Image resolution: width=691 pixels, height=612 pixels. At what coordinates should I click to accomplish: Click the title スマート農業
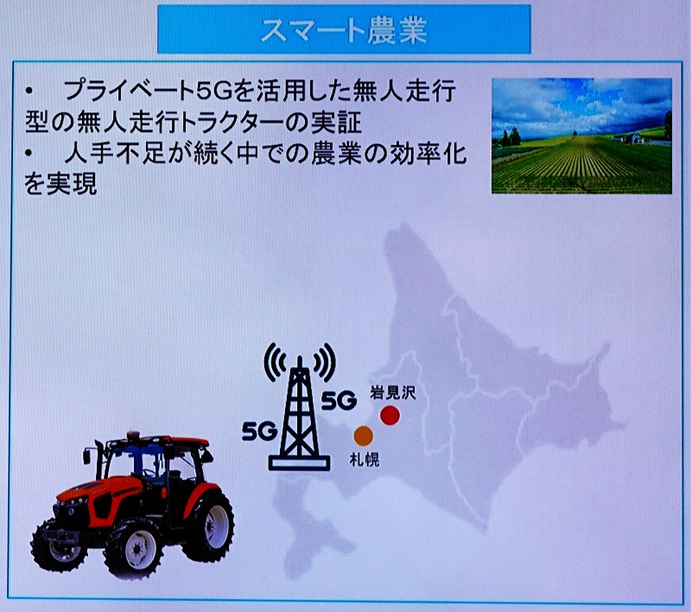(344, 30)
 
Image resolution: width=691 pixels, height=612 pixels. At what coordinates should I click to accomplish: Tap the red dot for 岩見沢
(390, 415)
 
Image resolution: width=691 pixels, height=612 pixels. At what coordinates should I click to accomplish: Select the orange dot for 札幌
(364, 435)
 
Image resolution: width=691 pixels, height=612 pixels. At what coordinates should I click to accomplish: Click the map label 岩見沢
(393, 393)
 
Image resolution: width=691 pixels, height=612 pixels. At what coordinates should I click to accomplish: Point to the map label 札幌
(365, 460)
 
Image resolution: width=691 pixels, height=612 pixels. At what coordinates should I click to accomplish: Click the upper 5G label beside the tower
(339, 401)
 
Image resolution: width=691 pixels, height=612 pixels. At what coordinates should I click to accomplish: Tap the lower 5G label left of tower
(260, 431)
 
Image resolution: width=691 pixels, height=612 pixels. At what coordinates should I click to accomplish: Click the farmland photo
(581, 136)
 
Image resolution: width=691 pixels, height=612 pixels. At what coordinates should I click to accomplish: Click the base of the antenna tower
(299, 464)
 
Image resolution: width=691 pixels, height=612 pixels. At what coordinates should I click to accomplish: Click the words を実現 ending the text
(60, 185)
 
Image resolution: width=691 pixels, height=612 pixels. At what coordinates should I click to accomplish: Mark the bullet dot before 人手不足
(29, 153)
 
